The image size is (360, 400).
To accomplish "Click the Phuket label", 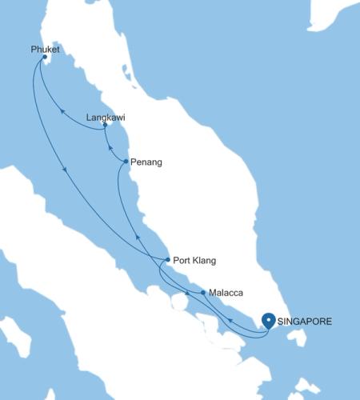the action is [46, 48].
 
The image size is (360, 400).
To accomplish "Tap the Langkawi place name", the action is [105, 117].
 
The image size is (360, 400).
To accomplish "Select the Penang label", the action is [146, 162].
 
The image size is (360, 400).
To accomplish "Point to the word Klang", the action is [204, 261].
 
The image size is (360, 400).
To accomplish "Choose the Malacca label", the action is [226, 294].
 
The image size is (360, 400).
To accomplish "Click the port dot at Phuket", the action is [44, 58].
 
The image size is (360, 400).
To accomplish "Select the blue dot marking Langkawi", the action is [105, 125].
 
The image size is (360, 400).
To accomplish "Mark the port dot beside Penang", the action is [126, 162].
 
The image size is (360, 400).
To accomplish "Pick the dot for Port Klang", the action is [167, 260].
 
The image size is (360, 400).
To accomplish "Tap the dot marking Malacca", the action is [203, 293].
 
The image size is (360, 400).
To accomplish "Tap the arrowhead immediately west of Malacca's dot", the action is [188, 294].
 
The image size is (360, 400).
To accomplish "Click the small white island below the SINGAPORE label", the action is [302, 339].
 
